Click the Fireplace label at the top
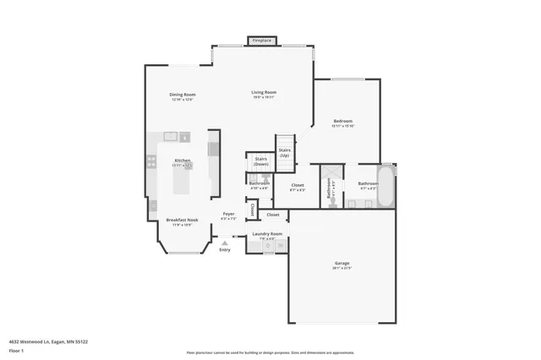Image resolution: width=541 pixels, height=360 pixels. (x=262, y=40)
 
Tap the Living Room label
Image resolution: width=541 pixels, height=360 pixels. (x=264, y=94)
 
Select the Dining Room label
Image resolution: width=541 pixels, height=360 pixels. (x=183, y=96)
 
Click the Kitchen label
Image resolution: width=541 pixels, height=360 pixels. (x=183, y=161)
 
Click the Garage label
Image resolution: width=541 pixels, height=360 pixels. (x=341, y=265)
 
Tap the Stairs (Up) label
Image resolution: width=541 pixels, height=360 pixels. (x=285, y=153)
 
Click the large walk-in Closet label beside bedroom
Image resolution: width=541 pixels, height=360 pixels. (x=298, y=186)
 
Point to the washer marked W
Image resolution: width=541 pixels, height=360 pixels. (x=281, y=246)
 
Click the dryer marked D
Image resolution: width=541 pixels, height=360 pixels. (x=268, y=246)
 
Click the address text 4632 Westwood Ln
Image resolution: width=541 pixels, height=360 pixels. (x=47, y=341)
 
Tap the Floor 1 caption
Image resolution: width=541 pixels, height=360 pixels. (x=16, y=350)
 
